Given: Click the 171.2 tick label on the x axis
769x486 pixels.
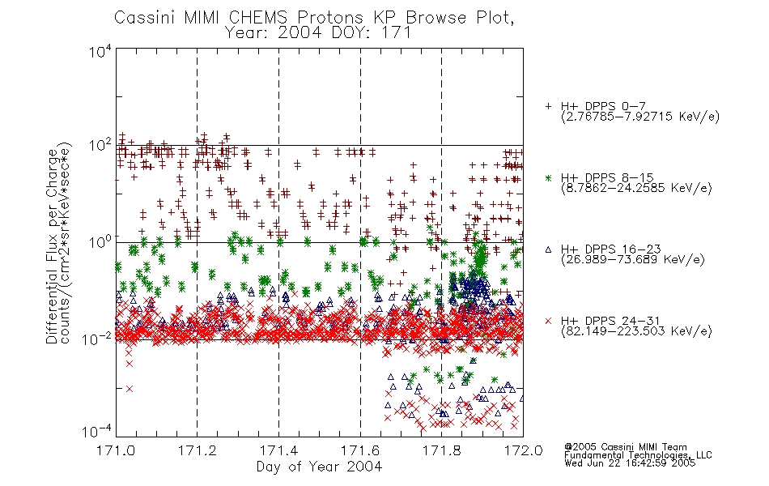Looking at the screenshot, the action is [x=198, y=450].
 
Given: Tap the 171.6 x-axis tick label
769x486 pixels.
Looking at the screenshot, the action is [x=360, y=450].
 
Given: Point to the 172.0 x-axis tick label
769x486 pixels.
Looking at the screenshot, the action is [x=523, y=450].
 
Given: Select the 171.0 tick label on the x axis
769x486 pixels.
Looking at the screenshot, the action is [x=116, y=450].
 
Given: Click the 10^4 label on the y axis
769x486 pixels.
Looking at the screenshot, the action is [x=100, y=52].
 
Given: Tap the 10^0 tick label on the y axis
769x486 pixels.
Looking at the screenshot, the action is [x=100, y=242].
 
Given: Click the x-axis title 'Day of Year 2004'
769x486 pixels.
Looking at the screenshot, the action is [x=319, y=467].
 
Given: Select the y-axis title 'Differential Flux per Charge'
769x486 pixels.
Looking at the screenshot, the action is [x=52, y=247].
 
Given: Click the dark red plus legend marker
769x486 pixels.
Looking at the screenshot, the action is [x=548, y=106].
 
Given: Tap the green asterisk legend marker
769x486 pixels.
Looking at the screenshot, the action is [x=548, y=177].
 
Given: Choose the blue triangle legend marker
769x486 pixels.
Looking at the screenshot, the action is [x=548, y=249].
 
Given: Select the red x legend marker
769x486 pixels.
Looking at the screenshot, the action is [x=548, y=321].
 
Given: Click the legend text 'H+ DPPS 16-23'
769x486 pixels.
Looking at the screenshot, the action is [x=610, y=249].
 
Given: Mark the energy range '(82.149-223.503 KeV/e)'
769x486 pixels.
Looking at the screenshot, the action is [x=636, y=331].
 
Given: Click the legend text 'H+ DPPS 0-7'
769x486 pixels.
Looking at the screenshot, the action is [x=603, y=106].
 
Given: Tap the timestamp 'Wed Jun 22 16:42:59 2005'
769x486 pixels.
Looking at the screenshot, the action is [x=630, y=463].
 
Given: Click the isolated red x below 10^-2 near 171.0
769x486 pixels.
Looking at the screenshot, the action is [x=130, y=389].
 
